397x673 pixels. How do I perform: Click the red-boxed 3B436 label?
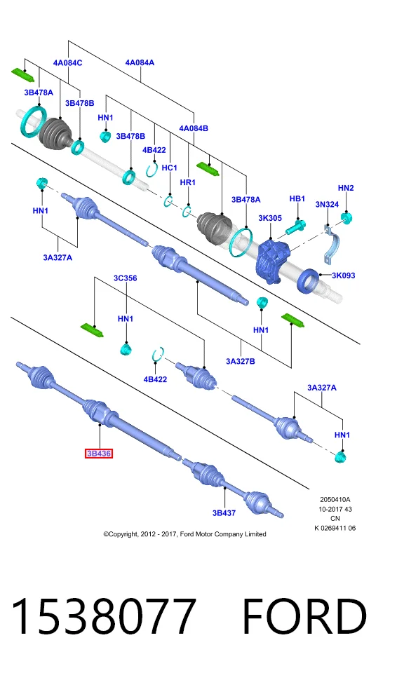[99, 454]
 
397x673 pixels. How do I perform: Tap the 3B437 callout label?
[224, 512]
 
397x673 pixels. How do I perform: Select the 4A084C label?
[67, 62]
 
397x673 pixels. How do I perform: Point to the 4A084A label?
[140, 62]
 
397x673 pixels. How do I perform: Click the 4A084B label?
[194, 128]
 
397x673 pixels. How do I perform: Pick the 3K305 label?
[270, 218]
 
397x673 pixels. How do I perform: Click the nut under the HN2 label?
[347, 217]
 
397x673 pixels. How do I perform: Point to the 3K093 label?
[343, 276]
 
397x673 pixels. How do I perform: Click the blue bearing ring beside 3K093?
[309, 280]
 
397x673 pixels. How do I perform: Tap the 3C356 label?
[125, 278]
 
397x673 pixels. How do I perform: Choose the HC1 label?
[169, 168]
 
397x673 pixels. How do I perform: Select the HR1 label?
[188, 182]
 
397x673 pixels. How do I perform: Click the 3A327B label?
[240, 362]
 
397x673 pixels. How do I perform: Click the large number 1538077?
[103, 616]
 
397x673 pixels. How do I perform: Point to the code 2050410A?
[335, 500]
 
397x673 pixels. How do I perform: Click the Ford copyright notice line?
[184, 534]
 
